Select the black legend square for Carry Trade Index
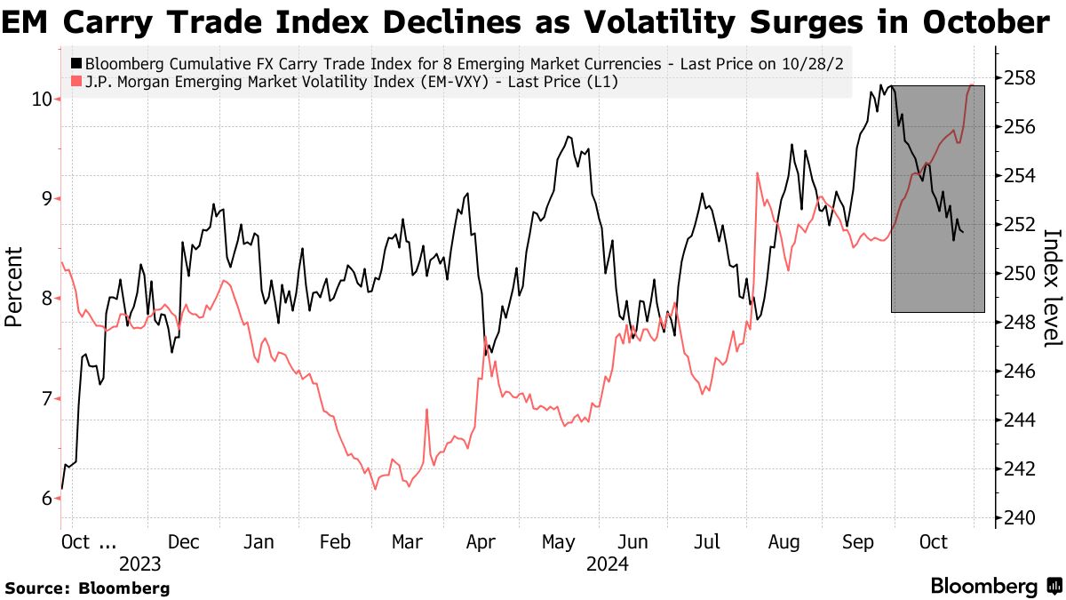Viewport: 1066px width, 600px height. click(76, 64)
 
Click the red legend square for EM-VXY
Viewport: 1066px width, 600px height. click(76, 82)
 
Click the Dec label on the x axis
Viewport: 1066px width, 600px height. click(184, 541)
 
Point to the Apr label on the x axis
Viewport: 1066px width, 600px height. click(481, 541)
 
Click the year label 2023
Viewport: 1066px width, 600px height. click(139, 564)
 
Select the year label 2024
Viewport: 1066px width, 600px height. click(608, 564)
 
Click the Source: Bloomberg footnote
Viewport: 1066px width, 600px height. click(88, 588)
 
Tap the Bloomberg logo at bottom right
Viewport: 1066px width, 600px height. click(995, 587)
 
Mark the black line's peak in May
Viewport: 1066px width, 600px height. click(568, 137)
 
